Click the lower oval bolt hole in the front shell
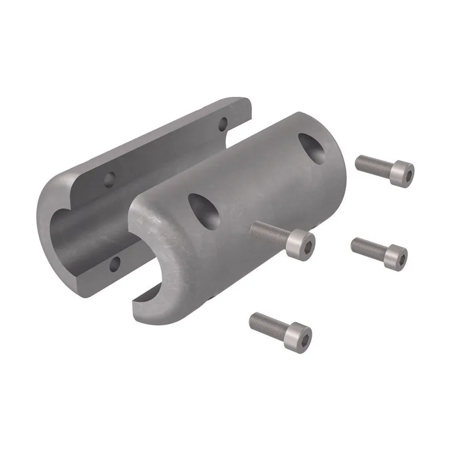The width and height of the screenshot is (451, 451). [x=204, y=210]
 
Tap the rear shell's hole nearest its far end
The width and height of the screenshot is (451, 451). [x=223, y=124]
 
